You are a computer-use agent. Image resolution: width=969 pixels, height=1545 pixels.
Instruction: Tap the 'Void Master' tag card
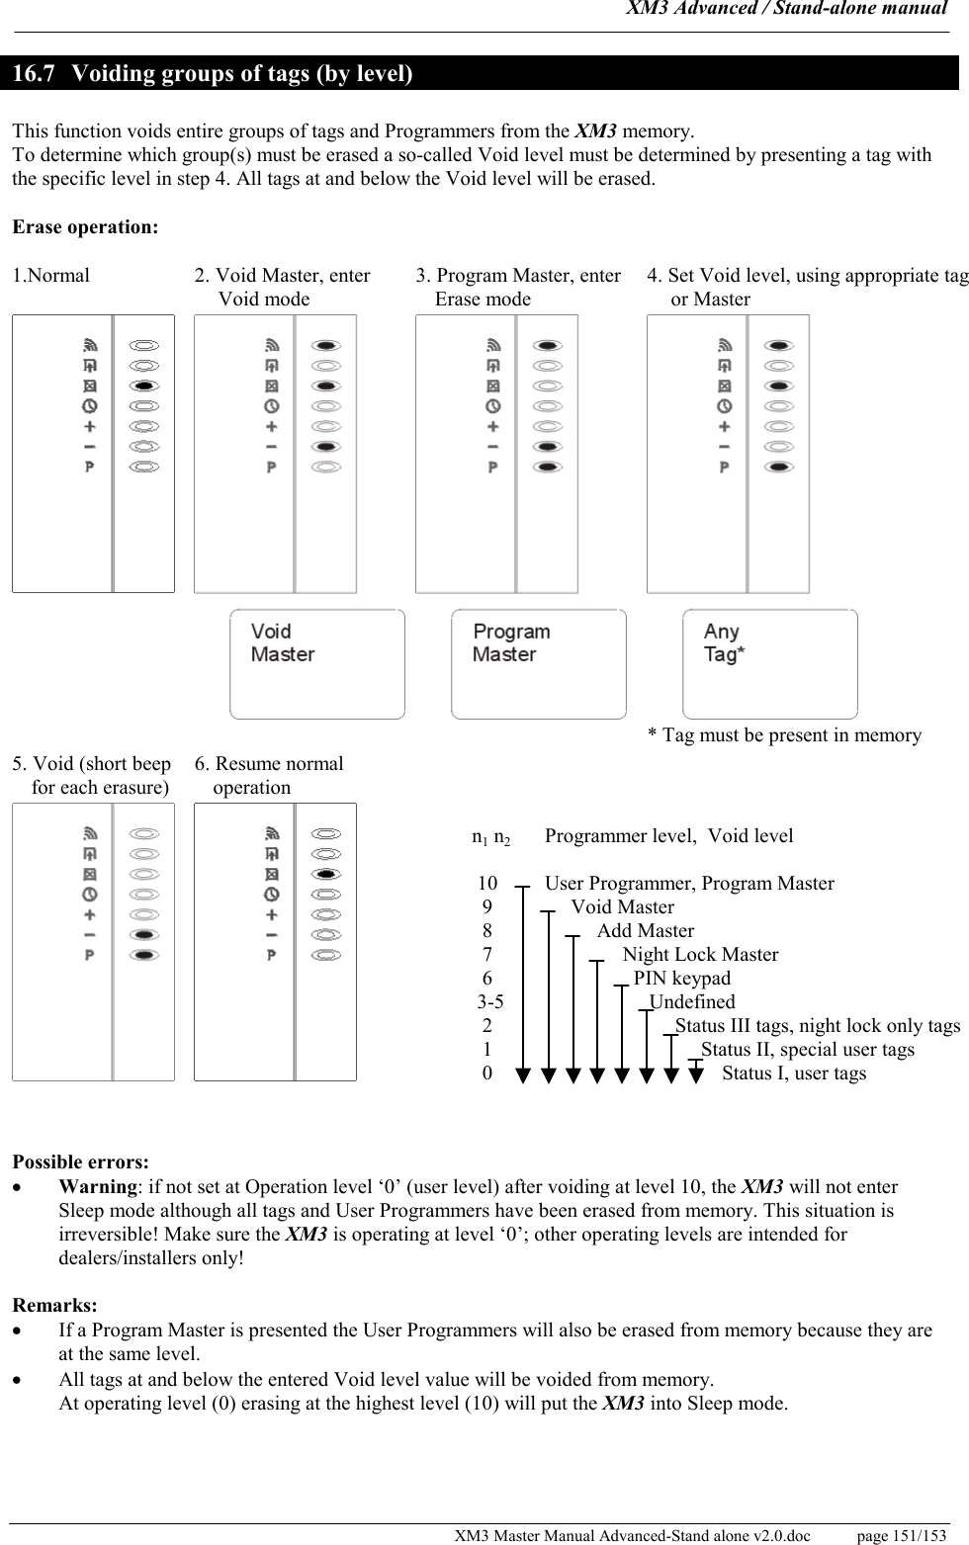click(316, 663)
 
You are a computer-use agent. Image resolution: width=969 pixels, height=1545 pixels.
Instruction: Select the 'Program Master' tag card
click(538, 663)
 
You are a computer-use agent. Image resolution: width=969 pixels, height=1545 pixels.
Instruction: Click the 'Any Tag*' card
click(769, 663)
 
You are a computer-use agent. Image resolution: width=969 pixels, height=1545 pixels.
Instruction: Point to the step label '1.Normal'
click(50, 276)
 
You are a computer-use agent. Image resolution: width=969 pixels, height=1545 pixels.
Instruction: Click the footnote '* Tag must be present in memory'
click(784, 735)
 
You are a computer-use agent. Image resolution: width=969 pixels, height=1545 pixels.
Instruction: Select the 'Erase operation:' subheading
click(84, 227)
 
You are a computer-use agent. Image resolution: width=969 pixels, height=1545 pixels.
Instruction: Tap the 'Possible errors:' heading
click(80, 1161)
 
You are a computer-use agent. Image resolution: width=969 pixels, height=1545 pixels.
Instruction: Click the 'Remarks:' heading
click(54, 1306)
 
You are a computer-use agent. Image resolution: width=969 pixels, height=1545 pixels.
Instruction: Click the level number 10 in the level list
click(487, 884)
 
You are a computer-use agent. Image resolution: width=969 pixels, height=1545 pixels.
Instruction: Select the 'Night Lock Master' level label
click(700, 955)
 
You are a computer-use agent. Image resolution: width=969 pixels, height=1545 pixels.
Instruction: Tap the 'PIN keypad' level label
click(682, 979)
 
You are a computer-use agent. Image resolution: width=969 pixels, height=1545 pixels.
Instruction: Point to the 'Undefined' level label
click(692, 1002)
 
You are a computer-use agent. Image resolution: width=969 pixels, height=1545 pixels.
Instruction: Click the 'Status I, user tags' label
click(794, 1073)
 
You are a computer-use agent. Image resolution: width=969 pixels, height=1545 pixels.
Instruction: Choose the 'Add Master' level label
click(646, 931)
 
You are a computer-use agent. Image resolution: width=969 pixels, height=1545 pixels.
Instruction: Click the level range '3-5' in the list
click(490, 1002)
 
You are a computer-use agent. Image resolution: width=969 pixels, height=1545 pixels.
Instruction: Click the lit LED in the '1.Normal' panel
click(144, 386)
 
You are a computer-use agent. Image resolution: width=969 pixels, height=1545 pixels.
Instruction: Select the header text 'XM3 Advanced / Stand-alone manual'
click(787, 9)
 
